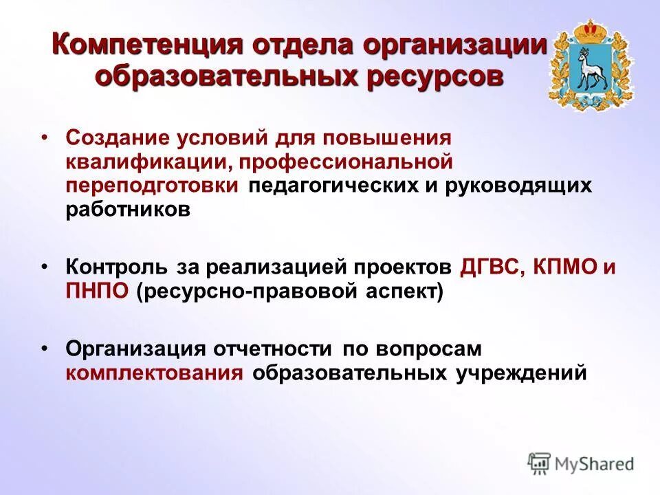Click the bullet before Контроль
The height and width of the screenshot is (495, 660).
tap(44, 266)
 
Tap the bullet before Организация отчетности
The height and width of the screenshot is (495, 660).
tap(44, 349)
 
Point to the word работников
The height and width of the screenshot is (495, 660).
tap(127, 210)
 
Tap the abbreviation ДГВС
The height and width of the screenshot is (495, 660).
tap(489, 267)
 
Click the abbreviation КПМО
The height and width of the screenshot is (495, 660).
tap(566, 267)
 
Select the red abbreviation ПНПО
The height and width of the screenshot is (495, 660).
tap(97, 291)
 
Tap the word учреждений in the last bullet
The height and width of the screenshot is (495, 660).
tap(522, 373)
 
